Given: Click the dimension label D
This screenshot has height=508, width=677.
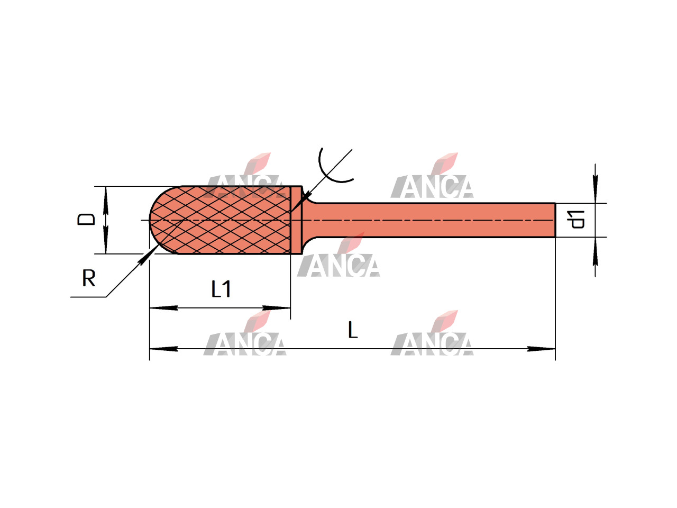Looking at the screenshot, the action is (86, 219).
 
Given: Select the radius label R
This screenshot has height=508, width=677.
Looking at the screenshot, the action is (89, 278).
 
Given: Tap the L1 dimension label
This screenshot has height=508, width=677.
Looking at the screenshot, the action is (221, 289).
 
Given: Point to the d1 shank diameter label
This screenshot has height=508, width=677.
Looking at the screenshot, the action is (575, 220).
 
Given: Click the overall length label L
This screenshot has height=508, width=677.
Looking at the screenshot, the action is (353, 330).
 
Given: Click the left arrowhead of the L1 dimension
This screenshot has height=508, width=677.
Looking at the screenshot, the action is (163, 307).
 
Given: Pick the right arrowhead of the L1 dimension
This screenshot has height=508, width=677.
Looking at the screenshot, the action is (276, 307).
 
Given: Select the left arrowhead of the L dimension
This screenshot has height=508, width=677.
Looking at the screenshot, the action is (163, 349).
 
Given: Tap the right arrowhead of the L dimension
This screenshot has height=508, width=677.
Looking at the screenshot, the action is (541, 349).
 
